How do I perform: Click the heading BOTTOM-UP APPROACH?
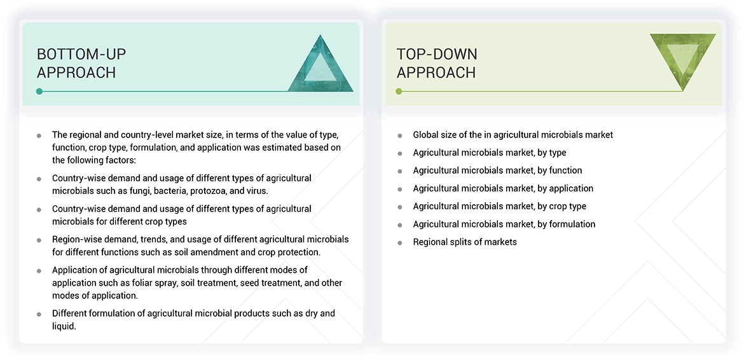tap(76, 63)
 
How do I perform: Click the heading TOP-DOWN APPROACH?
tap(436, 63)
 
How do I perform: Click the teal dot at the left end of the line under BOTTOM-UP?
tap(39, 92)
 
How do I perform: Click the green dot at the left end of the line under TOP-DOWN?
tap(399, 92)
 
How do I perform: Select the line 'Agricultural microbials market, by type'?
tap(489, 153)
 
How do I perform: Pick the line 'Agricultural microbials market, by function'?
tap(497, 170)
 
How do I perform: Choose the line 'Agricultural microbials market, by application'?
tap(502, 188)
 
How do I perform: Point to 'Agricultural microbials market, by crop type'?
tap(499, 206)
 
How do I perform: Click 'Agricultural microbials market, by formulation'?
tap(504, 224)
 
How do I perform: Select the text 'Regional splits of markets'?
tap(464, 242)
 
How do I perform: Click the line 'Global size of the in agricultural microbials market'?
tap(513, 135)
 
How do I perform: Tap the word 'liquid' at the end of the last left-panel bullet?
tap(63, 326)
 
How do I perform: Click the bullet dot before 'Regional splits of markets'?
tap(400, 242)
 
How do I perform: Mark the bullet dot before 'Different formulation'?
tap(39, 314)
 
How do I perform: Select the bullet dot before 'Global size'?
tap(400, 135)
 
